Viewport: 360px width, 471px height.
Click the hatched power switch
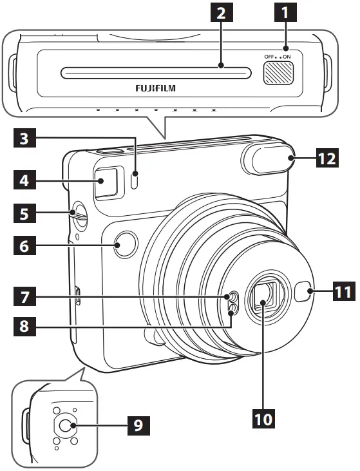[x=278, y=73]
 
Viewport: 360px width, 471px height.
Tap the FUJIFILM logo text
[x=155, y=86]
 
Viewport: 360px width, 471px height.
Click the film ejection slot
[x=155, y=73]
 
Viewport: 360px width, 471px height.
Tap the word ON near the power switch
[x=287, y=57]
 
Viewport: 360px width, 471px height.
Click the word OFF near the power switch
[x=269, y=57]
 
